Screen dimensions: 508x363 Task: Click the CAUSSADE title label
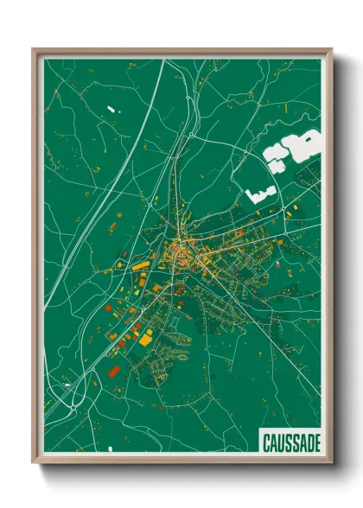(291, 443)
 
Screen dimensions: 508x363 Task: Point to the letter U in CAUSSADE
(282, 443)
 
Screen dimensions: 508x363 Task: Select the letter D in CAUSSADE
(309, 443)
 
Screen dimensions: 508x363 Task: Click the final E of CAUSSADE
(316, 443)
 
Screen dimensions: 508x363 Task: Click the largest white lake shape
(302, 144)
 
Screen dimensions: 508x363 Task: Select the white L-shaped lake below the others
(257, 194)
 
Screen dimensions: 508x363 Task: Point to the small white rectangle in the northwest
(111, 109)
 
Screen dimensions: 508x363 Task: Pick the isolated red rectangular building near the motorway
(113, 371)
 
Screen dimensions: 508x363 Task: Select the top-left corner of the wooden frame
(34, 49)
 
